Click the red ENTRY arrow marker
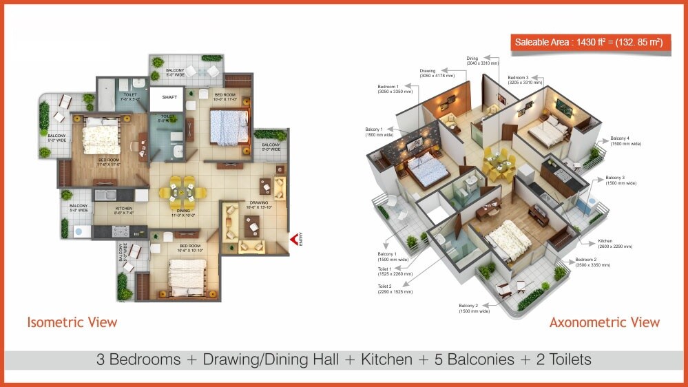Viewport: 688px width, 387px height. tap(295, 239)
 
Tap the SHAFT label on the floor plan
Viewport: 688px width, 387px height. tap(169, 98)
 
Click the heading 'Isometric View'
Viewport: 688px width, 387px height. tap(72, 322)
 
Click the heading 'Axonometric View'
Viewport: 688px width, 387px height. tap(604, 322)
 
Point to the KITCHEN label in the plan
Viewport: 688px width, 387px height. tap(124, 209)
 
